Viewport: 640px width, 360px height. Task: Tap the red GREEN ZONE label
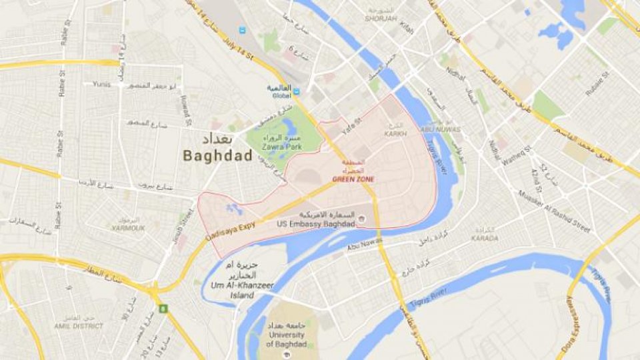coord(353,179)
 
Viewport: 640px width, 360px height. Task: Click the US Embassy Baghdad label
coord(316,223)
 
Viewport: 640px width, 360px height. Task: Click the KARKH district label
coord(395,134)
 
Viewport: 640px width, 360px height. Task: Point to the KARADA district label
coord(484,238)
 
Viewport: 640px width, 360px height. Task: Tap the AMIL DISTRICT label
coord(78,326)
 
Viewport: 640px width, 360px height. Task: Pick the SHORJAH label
coord(381,19)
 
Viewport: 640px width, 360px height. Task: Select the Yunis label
coord(102,85)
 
